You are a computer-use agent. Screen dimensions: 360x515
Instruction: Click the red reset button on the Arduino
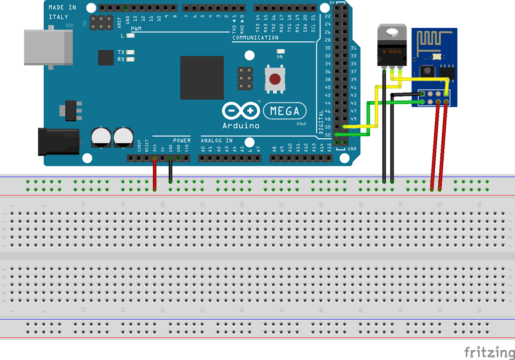[275, 79]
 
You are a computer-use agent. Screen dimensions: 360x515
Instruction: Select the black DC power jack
[59, 141]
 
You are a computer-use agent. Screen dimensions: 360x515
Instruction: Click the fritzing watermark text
[489, 352]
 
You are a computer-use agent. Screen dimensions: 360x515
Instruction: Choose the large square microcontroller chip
[202, 78]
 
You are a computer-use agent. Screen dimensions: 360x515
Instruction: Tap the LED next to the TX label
[131, 52]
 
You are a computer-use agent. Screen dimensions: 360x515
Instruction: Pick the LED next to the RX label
[131, 60]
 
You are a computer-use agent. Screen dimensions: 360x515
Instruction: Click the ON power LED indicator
[280, 51]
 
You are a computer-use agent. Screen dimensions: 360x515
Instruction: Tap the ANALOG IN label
[216, 141]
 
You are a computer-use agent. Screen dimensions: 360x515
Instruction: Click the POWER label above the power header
[182, 141]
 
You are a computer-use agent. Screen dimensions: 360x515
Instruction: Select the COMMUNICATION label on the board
[255, 38]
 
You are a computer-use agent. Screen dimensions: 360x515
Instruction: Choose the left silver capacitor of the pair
[101, 137]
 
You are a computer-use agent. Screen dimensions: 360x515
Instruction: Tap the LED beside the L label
[131, 36]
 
